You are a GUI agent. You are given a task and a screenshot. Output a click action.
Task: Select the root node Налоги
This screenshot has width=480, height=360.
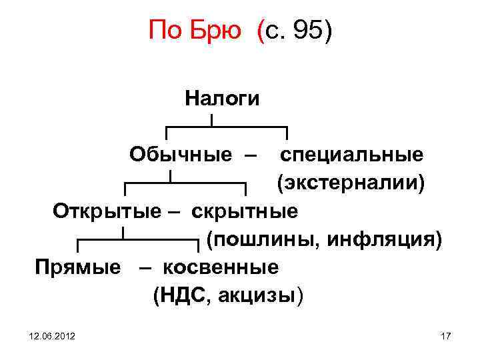pyautogui.click(x=223, y=99)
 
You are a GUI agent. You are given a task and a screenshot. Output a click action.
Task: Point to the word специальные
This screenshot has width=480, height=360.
pyautogui.click(x=351, y=155)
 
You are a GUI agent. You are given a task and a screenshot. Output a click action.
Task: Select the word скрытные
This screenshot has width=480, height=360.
pyautogui.click(x=245, y=211)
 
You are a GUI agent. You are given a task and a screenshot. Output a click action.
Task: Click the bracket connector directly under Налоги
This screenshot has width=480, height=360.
pyautogui.click(x=226, y=127)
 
